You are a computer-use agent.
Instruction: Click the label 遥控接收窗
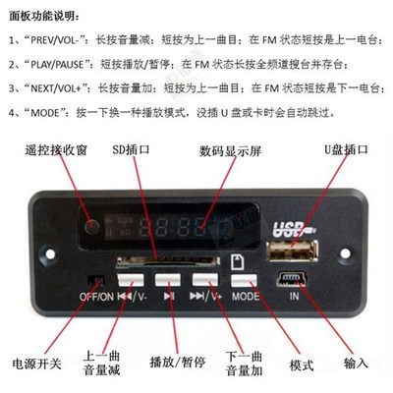[x=41, y=152]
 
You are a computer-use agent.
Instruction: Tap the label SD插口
[x=129, y=151]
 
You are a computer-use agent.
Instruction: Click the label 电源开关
[x=36, y=365]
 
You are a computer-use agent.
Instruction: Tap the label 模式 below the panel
[x=301, y=365]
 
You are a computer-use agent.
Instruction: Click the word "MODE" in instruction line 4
[x=50, y=109]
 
